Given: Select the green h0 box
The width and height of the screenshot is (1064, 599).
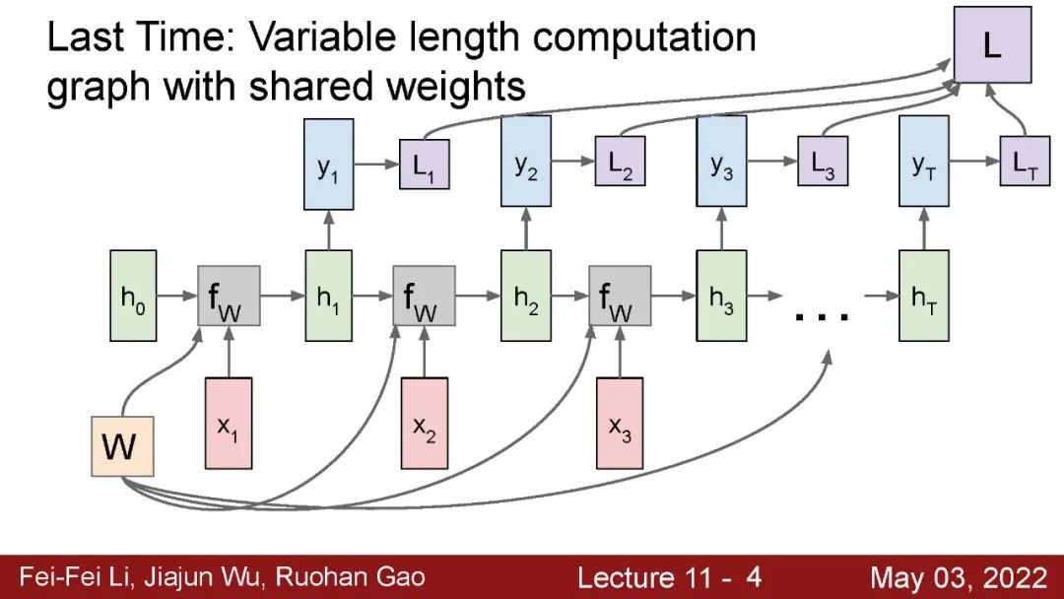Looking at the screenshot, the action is (132, 296).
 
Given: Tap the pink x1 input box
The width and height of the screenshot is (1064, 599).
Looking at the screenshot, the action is (229, 423).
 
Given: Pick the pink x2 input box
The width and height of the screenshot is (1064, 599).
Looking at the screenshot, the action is (425, 423).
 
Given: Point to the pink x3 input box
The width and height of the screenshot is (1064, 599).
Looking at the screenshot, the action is (620, 423).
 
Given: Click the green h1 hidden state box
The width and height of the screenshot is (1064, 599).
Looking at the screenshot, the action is (328, 296).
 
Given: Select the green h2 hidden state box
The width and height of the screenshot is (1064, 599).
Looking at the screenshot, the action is (525, 296).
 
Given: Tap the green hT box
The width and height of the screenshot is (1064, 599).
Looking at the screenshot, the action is (924, 296).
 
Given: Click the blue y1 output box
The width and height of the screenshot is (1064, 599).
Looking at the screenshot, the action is (328, 163).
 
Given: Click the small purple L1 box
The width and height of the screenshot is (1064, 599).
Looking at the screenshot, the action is (424, 165).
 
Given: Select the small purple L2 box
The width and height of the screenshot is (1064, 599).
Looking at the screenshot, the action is (621, 165).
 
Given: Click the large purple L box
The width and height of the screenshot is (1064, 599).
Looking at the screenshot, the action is (993, 46).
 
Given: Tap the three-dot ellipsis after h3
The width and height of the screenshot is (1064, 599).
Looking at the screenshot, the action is (822, 315).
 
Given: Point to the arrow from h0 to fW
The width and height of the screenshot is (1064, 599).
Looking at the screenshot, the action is (177, 295).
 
